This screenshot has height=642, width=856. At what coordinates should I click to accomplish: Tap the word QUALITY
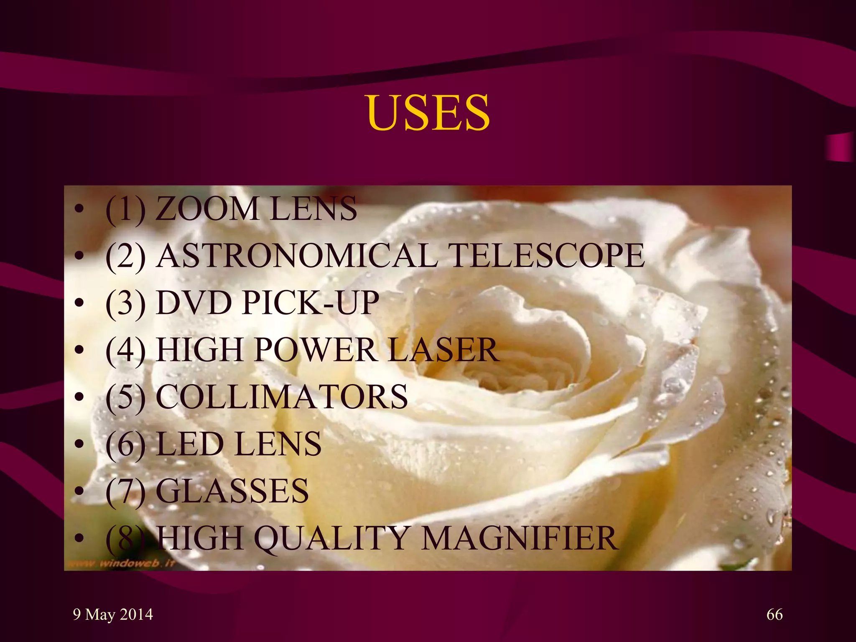tap(330, 538)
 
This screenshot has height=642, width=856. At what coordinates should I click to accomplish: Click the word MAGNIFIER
tap(519, 538)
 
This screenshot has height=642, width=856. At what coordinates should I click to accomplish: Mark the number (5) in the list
tap(126, 397)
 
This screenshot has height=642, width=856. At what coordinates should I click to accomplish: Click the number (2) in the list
tap(126, 256)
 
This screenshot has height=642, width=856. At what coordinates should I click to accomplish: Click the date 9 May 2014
tap(113, 614)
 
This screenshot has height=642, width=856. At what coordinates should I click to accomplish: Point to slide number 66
tap(774, 614)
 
